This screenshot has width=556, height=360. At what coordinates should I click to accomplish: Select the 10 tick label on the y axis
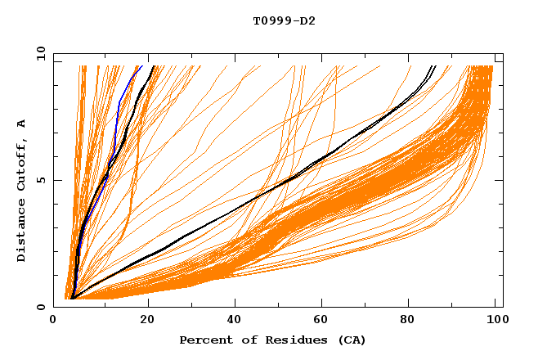(x=38, y=53)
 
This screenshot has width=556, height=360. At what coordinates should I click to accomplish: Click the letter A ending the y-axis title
(x=21, y=124)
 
